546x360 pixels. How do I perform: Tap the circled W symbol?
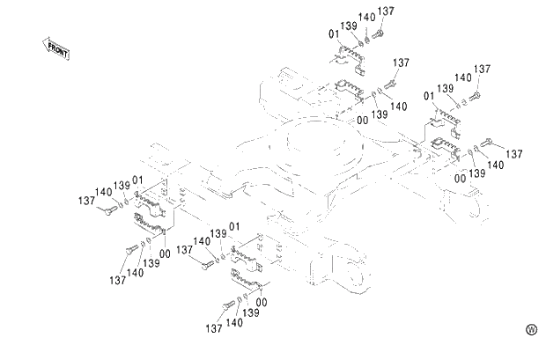tap(531, 329)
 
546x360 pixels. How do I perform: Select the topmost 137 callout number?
tap(385, 11)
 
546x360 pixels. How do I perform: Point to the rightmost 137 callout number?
tap(515, 154)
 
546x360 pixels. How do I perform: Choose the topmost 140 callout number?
tap(366, 18)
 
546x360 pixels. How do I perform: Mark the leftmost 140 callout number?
tap(103, 192)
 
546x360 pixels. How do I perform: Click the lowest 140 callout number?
tap(234, 322)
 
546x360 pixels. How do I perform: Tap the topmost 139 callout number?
tap(348, 27)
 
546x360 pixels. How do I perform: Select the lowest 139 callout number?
tap(251, 312)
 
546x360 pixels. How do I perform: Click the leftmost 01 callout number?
tap(138, 182)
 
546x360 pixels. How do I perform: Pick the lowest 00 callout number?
tap(262, 303)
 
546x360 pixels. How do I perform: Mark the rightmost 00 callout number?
tap(460, 179)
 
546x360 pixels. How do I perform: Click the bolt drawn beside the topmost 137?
tap(379, 33)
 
